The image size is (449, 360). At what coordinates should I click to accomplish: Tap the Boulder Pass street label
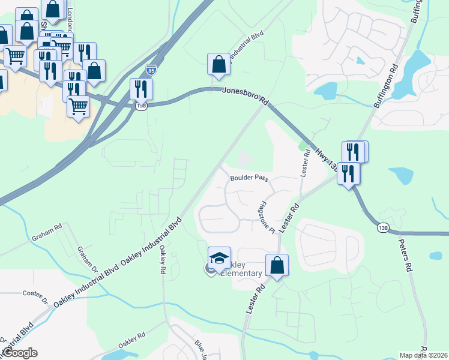coord(249,178)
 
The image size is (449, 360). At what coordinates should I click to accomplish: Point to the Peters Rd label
coord(406,256)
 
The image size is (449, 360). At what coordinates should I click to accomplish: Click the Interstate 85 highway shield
coord(151,70)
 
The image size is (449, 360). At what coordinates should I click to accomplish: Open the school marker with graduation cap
coord(219,258)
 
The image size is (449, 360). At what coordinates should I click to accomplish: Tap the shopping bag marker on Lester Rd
coord(277,265)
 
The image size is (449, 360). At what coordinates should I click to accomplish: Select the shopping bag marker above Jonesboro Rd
coord(218,64)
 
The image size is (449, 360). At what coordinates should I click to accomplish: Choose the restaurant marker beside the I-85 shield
coord(141,89)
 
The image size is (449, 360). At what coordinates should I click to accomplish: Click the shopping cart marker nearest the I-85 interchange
coord(78,107)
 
